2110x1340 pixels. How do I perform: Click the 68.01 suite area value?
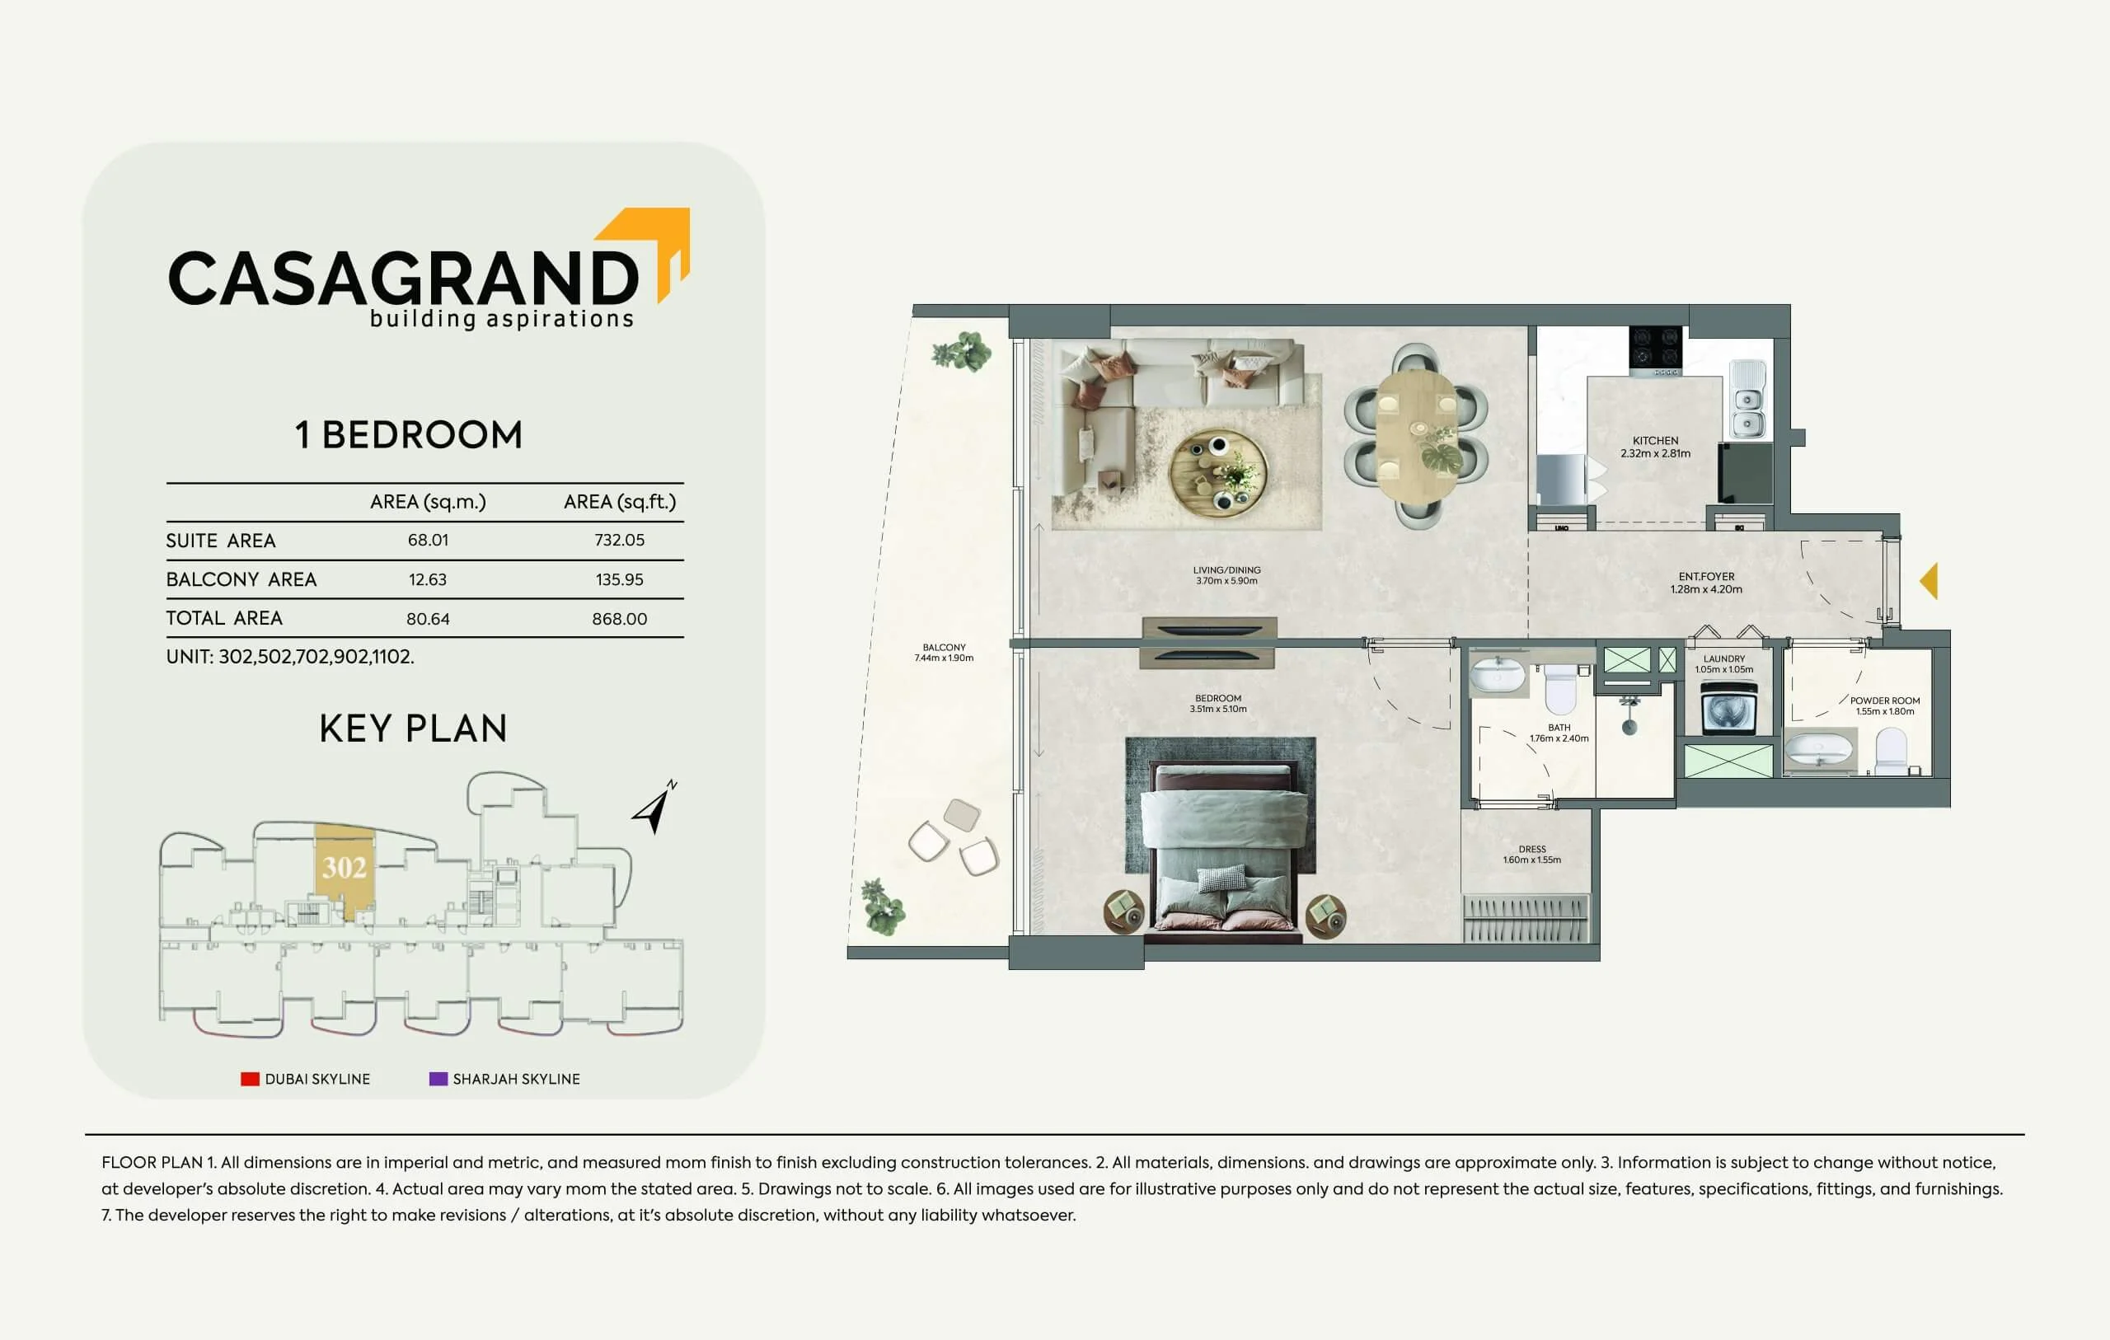click(428, 541)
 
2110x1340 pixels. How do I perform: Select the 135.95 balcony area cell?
click(620, 579)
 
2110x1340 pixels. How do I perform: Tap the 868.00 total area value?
click(620, 619)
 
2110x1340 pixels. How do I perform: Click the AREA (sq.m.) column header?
click(428, 502)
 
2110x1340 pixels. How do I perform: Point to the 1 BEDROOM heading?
click(408, 434)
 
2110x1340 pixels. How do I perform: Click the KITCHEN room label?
click(1655, 441)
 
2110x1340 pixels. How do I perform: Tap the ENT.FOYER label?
click(1706, 577)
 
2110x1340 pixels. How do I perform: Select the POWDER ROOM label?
click(1885, 700)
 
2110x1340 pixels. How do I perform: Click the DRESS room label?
click(1531, 849)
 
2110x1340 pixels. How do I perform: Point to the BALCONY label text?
click(944, 647)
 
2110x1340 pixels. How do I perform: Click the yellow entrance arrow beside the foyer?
click(1929, 581)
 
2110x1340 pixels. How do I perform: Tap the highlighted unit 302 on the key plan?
click(345, 869)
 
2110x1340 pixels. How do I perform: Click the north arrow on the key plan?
click(654, 807)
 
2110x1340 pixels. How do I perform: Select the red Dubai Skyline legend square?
click(250, 1079)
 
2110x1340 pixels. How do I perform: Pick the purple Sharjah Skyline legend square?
click(438, 1079)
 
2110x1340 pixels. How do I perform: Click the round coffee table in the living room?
click(1218, 474)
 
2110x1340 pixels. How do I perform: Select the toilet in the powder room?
click(1891, 752)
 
